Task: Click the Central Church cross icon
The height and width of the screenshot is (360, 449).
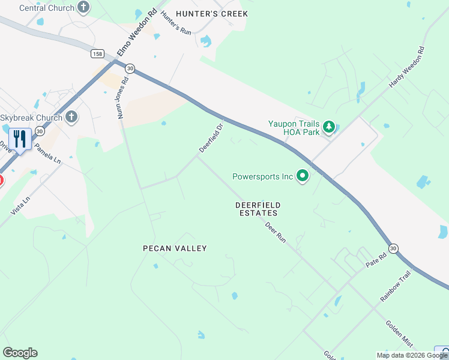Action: (83, 8)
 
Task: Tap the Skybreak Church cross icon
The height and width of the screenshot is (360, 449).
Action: (71, 117)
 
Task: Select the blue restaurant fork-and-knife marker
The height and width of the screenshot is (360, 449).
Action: (20, 140)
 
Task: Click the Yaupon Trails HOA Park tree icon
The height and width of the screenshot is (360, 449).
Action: (328, 127)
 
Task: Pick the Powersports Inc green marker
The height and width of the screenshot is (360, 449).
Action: (303, 176)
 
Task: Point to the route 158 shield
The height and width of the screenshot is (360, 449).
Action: (98, 54)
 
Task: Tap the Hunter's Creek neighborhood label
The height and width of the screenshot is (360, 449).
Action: (212, 14)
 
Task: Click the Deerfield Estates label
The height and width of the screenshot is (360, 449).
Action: (258, 209)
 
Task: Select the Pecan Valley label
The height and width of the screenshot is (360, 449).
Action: (175, 248)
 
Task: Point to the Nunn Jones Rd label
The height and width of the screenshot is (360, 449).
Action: (123, 98)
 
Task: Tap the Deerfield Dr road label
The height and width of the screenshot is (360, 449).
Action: (211, 137)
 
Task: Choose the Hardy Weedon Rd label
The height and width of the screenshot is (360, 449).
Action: (407, 68)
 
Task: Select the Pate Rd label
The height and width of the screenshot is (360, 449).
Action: (376, 260)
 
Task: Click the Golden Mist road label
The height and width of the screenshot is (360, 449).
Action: (400, 334)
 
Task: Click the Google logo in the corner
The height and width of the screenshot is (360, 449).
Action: (20, 353)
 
